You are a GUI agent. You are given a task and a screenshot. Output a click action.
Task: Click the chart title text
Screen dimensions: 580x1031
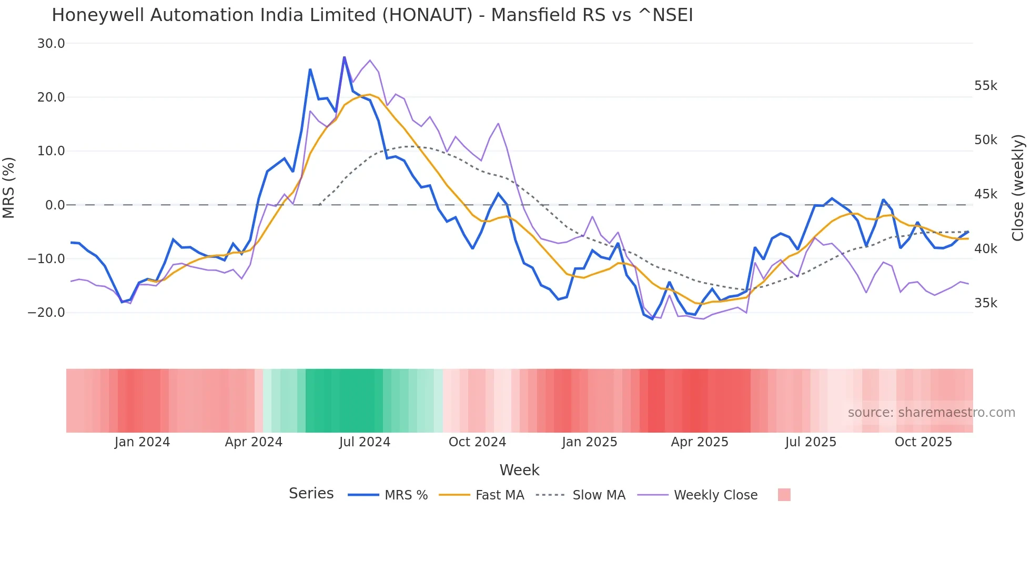point(372,15)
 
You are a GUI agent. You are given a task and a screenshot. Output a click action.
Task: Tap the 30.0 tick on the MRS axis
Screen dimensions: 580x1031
point(51,44)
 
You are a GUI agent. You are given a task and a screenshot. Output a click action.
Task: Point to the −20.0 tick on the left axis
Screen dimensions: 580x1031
point(46,313)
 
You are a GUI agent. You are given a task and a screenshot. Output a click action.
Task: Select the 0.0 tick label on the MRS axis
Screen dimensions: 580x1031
point(55,205)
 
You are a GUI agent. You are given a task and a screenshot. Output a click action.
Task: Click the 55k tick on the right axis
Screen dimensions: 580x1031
point(985,86)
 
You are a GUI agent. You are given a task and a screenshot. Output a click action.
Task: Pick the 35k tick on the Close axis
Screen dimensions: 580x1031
point(985,303)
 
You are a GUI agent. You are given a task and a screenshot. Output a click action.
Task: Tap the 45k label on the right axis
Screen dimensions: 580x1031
point(985,194)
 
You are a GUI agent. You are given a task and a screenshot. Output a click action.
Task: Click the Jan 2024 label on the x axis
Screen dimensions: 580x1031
point(142,442)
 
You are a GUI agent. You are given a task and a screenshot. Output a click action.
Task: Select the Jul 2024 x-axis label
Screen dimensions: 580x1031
point(365,442)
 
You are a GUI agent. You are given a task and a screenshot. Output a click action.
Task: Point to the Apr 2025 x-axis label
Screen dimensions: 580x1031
point(699,442)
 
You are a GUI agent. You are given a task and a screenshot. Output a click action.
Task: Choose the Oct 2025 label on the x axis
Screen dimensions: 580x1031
point(923,442)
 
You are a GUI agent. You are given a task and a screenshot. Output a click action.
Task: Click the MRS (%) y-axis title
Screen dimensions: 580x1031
point(9,187)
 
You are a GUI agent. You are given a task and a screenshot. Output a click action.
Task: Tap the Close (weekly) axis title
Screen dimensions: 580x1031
point(1018,188)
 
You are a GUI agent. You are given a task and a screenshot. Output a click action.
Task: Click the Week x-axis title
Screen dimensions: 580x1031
point(519,470)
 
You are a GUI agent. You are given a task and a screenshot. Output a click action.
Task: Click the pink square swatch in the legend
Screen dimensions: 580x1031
point(784,495)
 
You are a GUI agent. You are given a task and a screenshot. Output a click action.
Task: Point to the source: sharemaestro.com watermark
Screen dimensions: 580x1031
point(931,413)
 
